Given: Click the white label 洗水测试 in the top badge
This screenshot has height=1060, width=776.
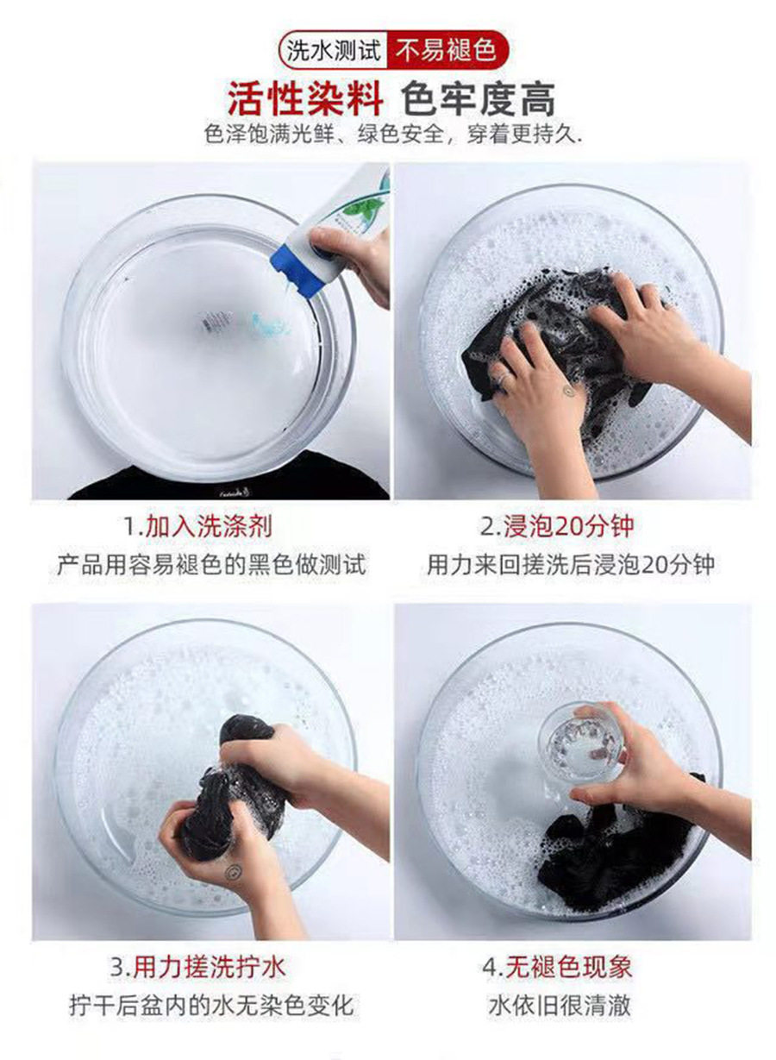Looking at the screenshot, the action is click(x=333, y=50).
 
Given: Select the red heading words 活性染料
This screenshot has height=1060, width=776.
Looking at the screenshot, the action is click(x=306, y=99).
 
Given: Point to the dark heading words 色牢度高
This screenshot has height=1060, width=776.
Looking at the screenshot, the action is click(x=478, y=99).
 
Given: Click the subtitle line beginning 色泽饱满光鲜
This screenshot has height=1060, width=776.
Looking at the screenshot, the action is click(x=393, y=135).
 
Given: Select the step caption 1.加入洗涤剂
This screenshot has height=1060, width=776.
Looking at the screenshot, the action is click(x=197, y=527).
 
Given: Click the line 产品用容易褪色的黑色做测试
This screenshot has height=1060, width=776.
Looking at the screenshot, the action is click(x=211, y=565).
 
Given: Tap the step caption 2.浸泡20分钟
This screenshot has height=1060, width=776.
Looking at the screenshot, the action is click(x=557, y=527).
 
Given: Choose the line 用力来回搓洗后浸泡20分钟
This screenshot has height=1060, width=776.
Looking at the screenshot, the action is click(x=571, y=565).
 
